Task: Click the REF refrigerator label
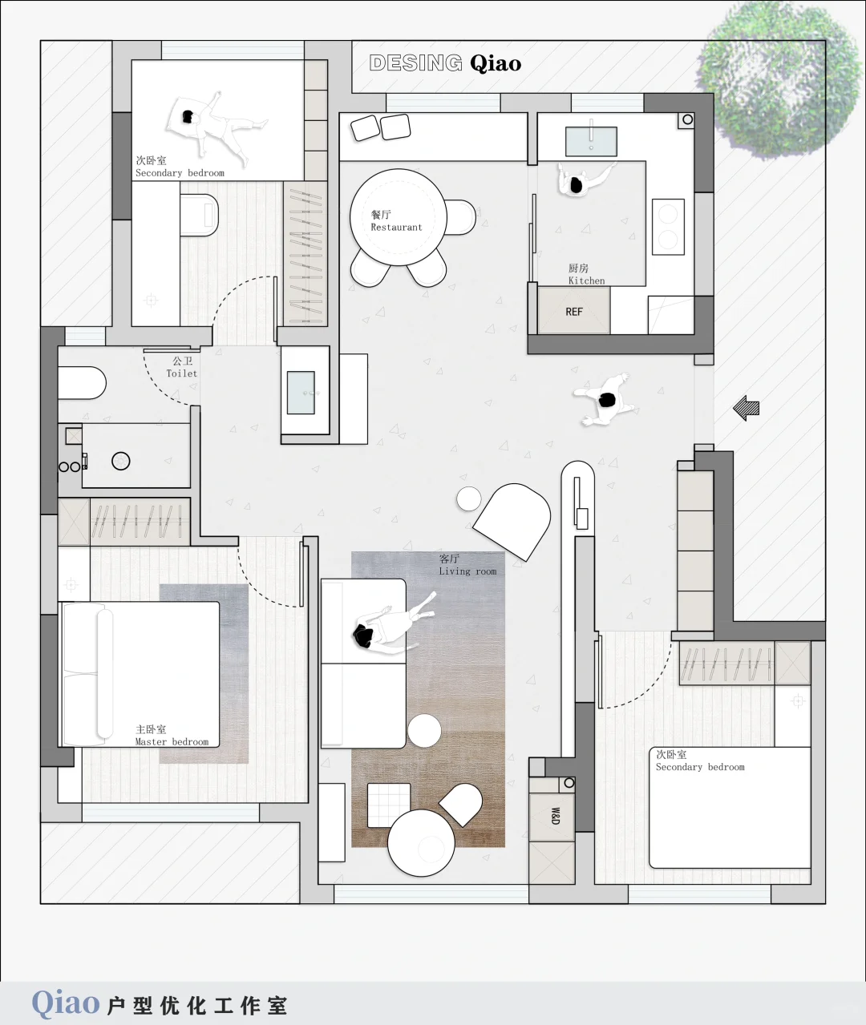[574, 312]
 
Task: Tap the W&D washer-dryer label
[555, 816]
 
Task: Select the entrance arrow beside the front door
[747, 408]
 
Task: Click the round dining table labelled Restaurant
[399, 217]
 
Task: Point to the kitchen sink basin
[591, 141]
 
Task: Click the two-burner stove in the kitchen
[668, 227]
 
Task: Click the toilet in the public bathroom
[82, 383]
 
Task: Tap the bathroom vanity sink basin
[301, 393]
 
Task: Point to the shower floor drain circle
[121, 461]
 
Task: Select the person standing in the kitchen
[584, 180]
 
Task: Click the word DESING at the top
[415, 63]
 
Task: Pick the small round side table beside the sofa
[424, 730]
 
